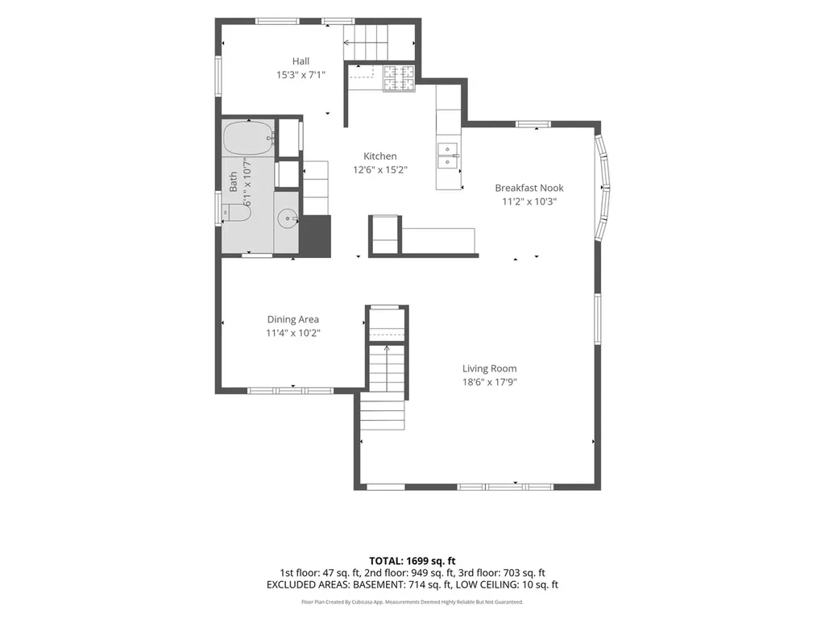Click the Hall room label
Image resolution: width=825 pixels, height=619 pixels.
(301, 61)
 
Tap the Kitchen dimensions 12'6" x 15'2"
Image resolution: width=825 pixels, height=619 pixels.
(380, 169)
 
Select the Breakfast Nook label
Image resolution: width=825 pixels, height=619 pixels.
(529, 188)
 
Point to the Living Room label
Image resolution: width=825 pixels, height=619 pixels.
(489, 368)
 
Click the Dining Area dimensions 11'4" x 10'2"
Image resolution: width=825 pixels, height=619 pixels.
(293, 333)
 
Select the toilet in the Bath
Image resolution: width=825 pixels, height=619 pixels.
(236, 214)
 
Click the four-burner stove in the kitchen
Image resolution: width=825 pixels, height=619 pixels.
(399, 78)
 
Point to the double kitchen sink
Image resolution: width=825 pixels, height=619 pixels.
(448, 156)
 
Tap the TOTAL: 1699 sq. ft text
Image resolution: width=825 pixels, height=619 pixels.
(412, 561)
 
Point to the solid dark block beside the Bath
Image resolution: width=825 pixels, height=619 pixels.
(315, 236)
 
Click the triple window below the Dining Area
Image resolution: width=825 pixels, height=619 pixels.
(290, 391)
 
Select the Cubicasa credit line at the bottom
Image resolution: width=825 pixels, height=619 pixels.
(412, 601)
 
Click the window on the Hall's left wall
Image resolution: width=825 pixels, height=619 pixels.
(218, 77)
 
